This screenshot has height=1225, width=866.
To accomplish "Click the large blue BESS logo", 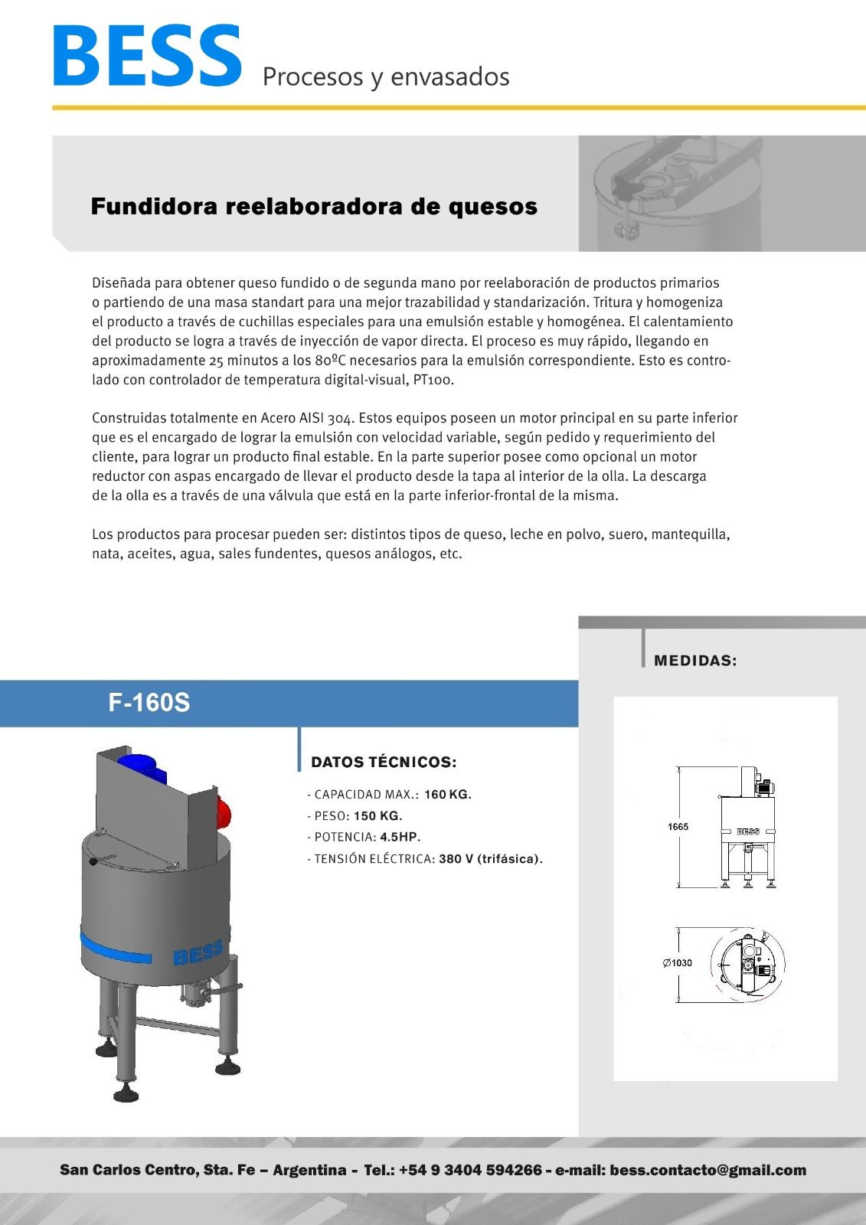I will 147,56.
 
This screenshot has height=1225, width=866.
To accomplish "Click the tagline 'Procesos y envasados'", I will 386,77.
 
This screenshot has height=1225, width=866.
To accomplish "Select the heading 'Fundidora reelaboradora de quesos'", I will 314,207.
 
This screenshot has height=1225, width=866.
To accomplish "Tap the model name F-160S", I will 149,703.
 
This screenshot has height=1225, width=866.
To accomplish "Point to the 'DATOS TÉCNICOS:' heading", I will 384,763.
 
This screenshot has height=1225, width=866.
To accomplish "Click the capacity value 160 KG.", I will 447,795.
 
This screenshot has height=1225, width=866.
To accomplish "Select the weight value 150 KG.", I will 377,816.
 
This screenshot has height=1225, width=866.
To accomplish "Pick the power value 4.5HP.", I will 400,838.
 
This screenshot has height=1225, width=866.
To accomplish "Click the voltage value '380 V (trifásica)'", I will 490,859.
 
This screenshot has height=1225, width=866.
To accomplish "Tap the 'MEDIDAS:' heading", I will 695,661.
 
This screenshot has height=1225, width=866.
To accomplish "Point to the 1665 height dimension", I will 678,827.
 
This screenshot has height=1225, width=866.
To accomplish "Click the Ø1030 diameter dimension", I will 677,963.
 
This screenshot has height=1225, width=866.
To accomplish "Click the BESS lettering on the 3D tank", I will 198,952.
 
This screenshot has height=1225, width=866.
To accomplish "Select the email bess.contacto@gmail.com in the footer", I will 708,1170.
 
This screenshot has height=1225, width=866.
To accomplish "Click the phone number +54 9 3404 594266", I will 470,1170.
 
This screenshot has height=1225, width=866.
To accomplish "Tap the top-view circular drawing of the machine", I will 747,963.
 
